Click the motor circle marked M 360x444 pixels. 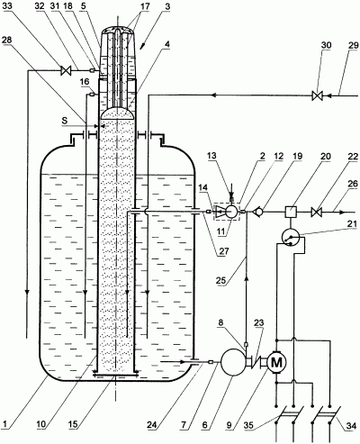click(x=276, y=362)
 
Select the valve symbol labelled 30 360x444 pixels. click(x=317, y=96)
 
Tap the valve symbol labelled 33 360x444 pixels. click(x=65, y=71)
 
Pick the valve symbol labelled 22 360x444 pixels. click(x=317, y=212)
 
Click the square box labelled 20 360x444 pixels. click(x=290, y=212)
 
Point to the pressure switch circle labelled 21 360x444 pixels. click(x=291, y=237)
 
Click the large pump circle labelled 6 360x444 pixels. click(x=233, y=362)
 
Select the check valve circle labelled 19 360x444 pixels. click(x=259, y=212)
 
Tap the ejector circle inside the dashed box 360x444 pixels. click(x=231, y=212)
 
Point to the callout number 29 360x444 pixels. click(x=354, y=46)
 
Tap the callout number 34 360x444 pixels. click(x=351, y=426)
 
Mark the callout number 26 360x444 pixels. click(x=354, y=184)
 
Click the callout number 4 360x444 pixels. click(x=167, y=44)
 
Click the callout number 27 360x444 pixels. click(x=223, y=251)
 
